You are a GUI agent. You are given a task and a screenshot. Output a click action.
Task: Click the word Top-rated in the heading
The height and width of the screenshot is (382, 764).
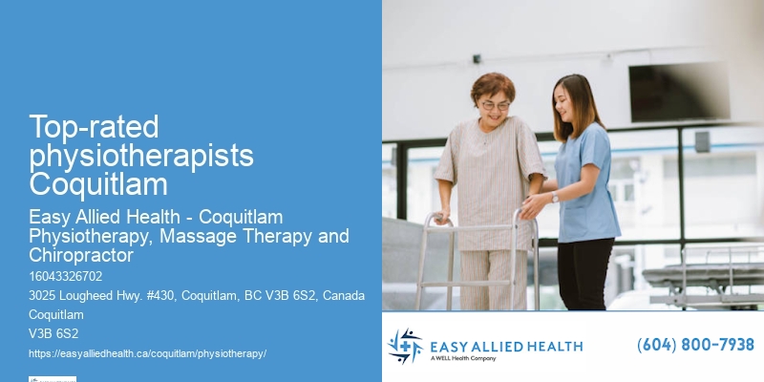point(94,126)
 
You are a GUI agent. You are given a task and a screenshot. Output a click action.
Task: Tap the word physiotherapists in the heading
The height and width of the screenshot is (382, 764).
point(141,155)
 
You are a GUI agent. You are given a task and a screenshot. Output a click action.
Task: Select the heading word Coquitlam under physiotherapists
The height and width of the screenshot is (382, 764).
point(98,183)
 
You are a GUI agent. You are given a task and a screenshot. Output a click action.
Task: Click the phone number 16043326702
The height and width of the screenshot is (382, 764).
point(66,276)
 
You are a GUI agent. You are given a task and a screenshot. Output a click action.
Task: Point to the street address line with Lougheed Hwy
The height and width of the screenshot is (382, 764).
point(197,295)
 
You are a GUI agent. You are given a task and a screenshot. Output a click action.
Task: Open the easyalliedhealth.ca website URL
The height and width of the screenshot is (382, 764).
point(147,353)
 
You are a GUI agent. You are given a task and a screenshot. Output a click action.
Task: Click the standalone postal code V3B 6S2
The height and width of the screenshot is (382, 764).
point(53,333)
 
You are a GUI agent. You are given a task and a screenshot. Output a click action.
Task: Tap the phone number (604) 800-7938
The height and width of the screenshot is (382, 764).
point(695,345)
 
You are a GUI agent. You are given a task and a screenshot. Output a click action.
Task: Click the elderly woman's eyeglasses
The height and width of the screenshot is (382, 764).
point(494,104)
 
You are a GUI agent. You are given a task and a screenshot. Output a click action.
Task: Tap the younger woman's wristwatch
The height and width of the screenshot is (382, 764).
point(555,197)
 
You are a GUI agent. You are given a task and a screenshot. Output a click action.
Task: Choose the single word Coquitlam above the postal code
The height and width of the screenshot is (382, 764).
point(56,314)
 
